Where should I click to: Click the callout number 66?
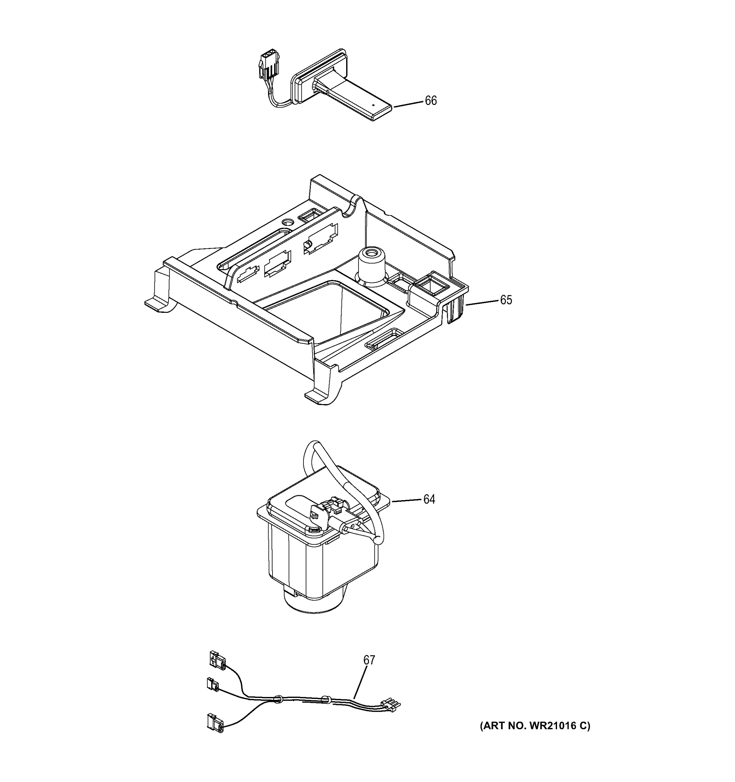point(431,101)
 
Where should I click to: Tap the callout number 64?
point(429,499)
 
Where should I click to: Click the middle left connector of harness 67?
point(213,685)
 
